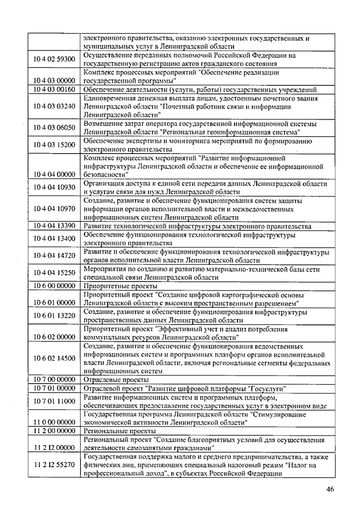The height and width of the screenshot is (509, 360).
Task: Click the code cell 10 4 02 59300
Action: click(54, 59)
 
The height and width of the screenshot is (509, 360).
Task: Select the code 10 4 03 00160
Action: click(54, 89)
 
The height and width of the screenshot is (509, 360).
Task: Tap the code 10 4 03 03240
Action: click(54, 106)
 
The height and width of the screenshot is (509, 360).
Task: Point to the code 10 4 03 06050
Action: click(54, 128)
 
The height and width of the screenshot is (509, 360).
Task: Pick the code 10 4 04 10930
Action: click(54, 187)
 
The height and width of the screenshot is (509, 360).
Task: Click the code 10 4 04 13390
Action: click(54, 226)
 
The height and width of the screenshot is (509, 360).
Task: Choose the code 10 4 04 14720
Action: click(54, 255)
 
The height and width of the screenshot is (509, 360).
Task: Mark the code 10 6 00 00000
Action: click(54, 286)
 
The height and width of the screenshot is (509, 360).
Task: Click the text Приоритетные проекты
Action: click(120, 286)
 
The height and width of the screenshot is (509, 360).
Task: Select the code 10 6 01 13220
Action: click(54, 315)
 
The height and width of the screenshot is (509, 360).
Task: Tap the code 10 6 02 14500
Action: click(54, 358)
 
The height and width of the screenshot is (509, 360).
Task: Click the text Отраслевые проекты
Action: click(116, 380)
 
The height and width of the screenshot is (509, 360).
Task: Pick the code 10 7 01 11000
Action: click(54, 401)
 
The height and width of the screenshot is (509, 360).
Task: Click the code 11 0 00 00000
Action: click(54, 422)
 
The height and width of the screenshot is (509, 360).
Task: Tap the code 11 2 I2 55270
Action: click(54, 465)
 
